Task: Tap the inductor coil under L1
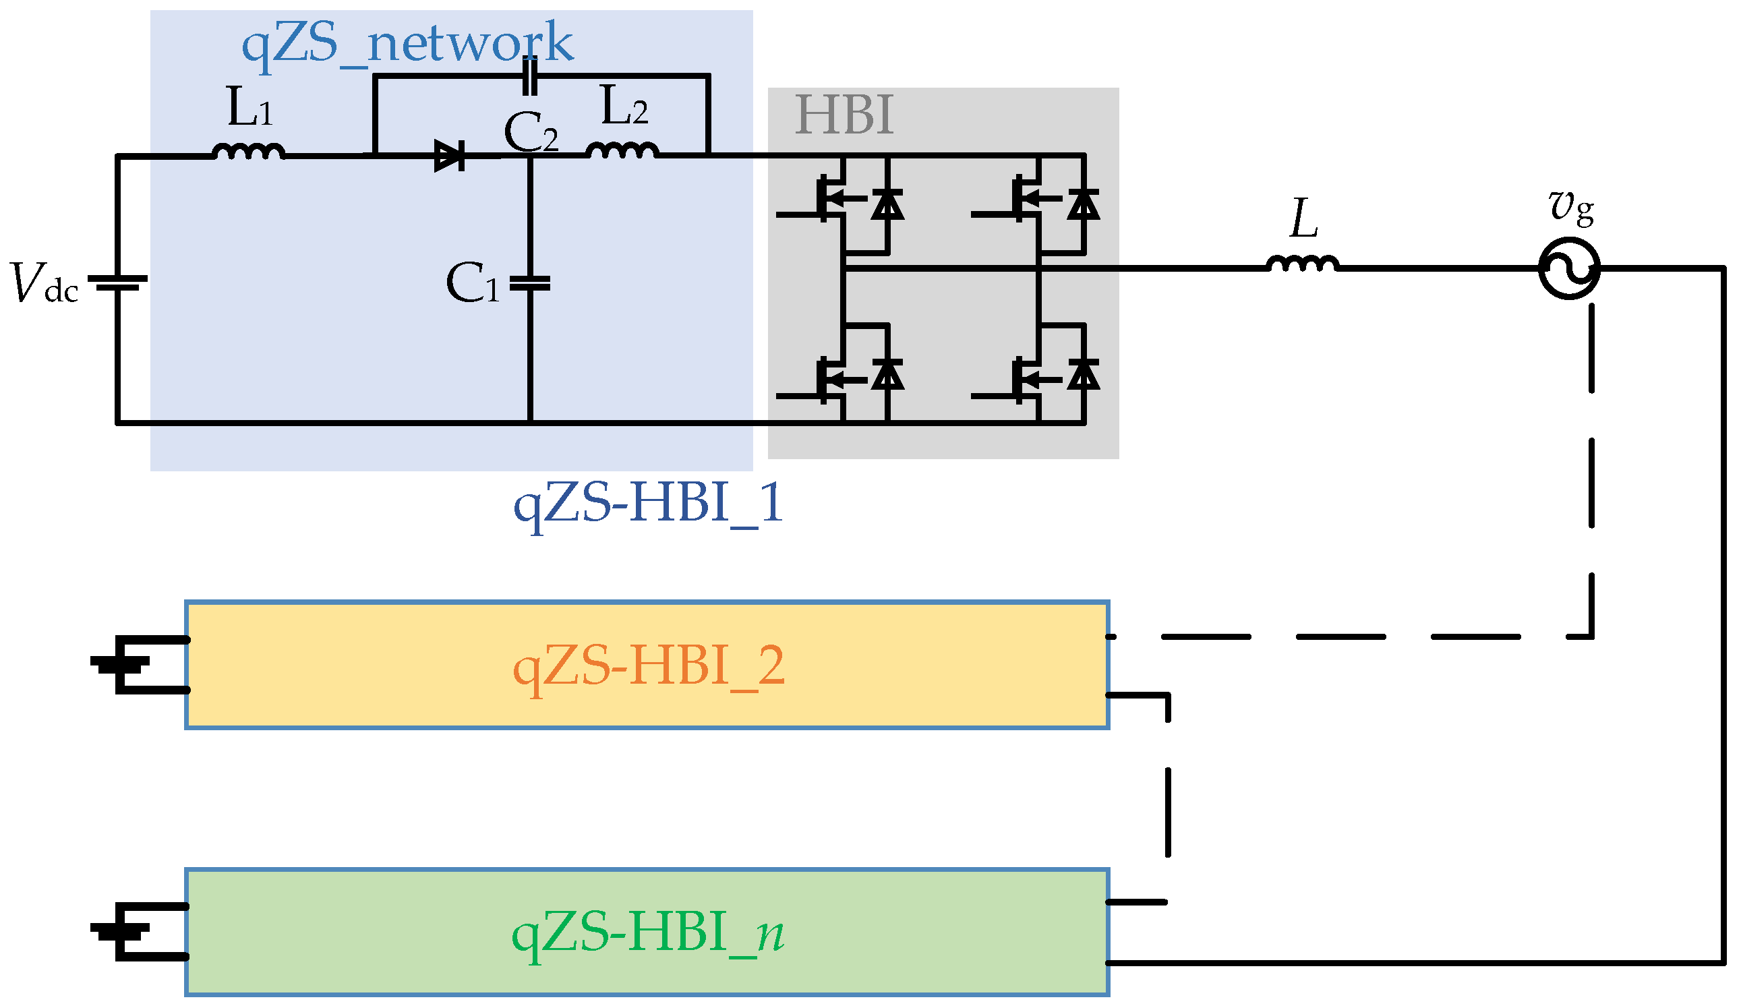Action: coord(249,151)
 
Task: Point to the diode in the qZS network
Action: coord(449,156)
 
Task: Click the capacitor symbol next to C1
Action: coord(530,283)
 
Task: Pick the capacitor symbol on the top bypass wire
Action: coord(530,77)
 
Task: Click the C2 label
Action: coord(531,133)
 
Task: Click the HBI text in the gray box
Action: coord(844,115)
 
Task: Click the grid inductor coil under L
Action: coord(1303,263)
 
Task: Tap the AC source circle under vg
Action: coord(1569,268)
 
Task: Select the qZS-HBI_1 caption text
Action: coord(648,502)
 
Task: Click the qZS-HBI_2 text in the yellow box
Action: coord(648,665)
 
